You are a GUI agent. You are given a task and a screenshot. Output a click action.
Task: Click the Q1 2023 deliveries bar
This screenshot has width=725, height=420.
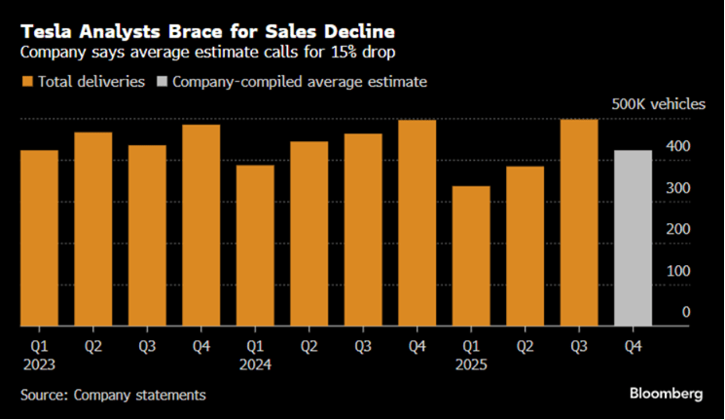click(x=39, y=238)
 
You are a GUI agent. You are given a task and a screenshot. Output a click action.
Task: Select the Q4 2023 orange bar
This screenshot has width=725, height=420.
click(x=200, y=225)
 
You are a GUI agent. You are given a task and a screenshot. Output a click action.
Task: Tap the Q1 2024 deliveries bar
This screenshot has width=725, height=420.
click(x=255, y=245)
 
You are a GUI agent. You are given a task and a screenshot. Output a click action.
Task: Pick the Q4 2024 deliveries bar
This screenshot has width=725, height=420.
click(x=417, y=222)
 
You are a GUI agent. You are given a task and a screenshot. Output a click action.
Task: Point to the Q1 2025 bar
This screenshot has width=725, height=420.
click(x=471, y=255)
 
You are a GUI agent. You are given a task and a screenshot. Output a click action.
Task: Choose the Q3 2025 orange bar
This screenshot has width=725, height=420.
click(x=578, y=222)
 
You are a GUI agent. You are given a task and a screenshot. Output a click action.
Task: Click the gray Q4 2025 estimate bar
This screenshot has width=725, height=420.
click(x=632, y=238)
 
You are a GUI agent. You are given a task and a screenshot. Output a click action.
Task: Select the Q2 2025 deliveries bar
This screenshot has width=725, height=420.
click(x=525, y=246)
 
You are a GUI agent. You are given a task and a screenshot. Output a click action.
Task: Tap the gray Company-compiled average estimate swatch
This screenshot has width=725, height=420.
click(x=161, y=83)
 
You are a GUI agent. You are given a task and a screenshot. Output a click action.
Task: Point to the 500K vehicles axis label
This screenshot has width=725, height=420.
click(x=651, y=104)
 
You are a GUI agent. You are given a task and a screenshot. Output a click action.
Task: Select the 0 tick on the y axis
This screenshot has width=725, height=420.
click(x=686, y=312)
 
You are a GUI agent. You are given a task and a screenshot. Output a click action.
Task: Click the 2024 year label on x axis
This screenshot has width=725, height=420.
click(x=255, y=363)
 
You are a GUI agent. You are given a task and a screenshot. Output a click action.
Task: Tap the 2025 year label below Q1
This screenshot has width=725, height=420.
click(x=471, y=363)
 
